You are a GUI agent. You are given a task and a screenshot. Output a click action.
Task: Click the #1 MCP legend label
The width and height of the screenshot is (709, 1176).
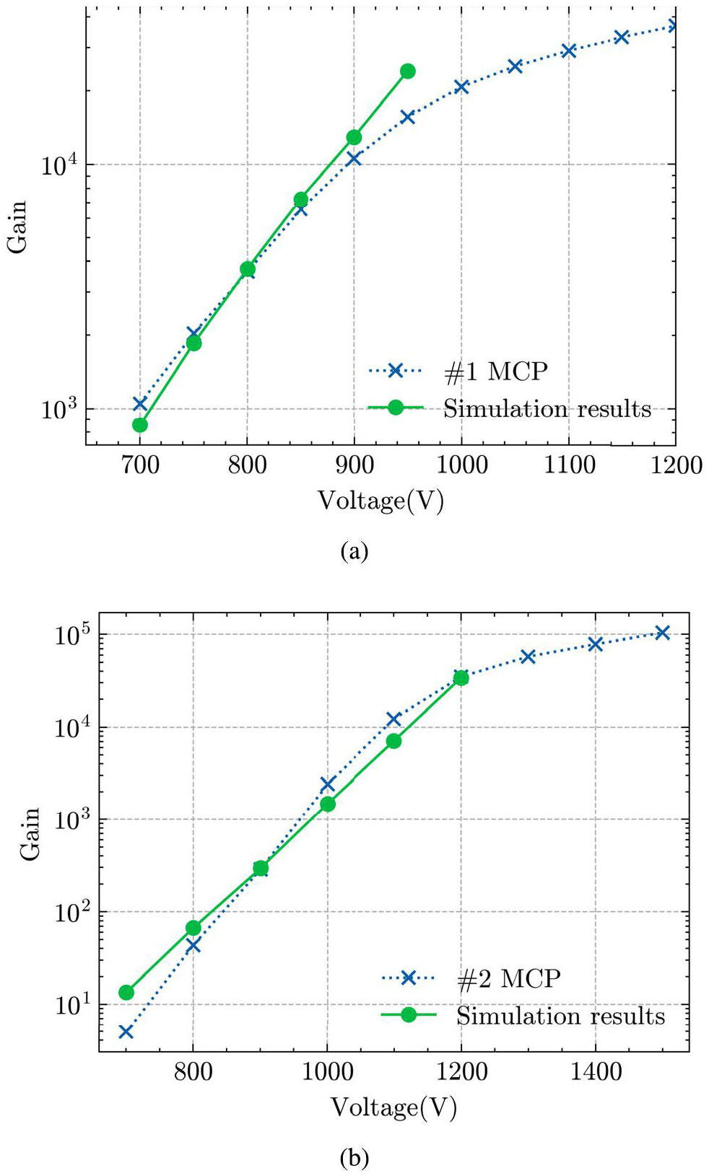[495, 372]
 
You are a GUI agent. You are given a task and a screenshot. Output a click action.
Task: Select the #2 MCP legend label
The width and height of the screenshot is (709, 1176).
[508, 978]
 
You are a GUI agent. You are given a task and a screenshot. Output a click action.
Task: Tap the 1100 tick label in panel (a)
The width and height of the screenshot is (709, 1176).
[569, 465]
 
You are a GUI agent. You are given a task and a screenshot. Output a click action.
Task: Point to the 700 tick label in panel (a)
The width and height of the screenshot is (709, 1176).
[140, 465]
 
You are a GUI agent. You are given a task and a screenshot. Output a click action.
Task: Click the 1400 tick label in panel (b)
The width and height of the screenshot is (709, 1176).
[596, 1072]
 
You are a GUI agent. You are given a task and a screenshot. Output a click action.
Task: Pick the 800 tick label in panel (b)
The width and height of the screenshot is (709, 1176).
[193, 1072]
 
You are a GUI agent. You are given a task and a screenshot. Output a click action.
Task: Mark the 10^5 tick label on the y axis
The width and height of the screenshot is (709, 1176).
[71, 635]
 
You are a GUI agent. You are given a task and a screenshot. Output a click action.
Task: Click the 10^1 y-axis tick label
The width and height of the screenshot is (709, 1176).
[71, 1004]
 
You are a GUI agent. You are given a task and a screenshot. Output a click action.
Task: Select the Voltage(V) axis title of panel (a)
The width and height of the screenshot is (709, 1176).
[380, 501]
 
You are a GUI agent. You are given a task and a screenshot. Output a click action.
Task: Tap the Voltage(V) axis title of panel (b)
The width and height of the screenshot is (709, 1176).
[393, 1107]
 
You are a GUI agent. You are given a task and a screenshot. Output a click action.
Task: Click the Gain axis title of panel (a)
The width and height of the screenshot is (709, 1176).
[17, 227]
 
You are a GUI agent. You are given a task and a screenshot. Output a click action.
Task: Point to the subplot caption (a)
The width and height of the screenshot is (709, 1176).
[354, 552]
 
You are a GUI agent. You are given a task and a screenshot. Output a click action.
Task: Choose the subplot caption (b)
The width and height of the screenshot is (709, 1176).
[354, 1159]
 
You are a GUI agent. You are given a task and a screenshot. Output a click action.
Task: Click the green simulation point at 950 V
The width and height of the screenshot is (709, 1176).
[408, 71]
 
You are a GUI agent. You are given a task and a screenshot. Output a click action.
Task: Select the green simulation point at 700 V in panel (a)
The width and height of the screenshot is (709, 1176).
[140, 425]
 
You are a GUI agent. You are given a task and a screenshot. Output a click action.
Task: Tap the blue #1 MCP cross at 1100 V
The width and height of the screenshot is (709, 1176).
[569, 51]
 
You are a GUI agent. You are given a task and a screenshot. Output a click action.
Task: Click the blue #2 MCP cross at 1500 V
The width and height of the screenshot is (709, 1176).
[662, 633]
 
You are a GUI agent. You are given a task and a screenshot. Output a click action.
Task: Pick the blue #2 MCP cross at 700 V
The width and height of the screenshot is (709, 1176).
[126, 1032]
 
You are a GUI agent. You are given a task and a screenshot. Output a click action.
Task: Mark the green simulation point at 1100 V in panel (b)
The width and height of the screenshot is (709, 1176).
[393, 741]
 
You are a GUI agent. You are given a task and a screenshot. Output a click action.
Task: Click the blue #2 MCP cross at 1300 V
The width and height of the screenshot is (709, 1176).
[528, 657]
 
